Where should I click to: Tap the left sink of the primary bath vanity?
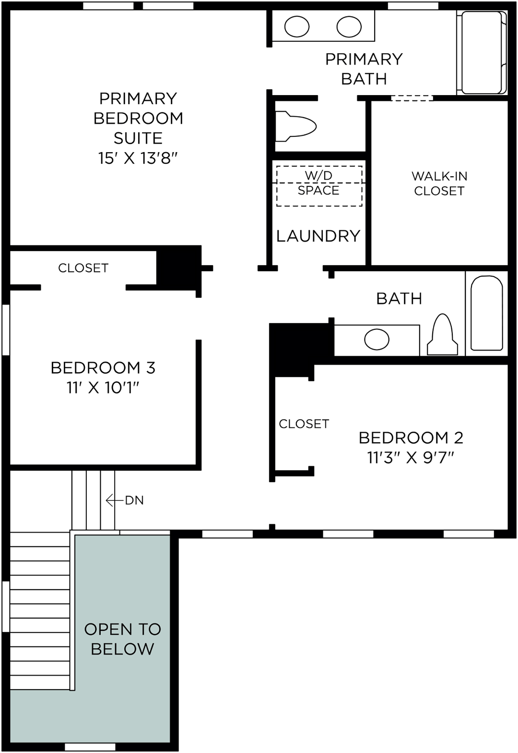pyautogui.click(x=297, y=26)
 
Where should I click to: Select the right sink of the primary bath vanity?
pyautogui.click(x=349, y=26)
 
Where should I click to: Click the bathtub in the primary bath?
pyautogui.click(x=482, y=52)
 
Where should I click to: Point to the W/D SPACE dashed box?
pyautogui.click(x=319, y=186)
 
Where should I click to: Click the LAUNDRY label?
pyautogui.click(x=318, y=236)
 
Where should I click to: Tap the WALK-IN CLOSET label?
pyautogui.click(x=439, y=183)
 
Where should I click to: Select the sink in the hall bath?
pyautogui.click(x=377, y=340)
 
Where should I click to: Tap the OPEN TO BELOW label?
pyautogui.click(x=122, y=639)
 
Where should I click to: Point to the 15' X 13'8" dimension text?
pyautogui.click(x=138, y=158)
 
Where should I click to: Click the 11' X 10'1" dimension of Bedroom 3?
pyautogui.click(x=103, y=388)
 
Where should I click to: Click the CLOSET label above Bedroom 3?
pyautogui.click(x=83, y=268)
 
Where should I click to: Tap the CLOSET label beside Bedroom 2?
pyautogui.click(x=304, y=424)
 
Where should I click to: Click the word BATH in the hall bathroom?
pyautogui.click(x=399, y=298)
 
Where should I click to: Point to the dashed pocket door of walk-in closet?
pyautogui.click(x=412, y=98)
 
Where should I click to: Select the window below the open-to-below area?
pyautogui.click(x=90, y=747)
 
